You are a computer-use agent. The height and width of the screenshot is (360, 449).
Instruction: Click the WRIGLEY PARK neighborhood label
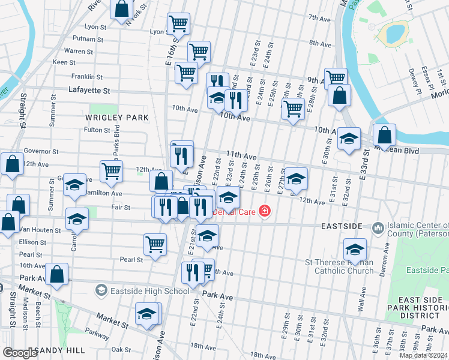108,118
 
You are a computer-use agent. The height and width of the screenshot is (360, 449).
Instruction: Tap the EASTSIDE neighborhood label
341,226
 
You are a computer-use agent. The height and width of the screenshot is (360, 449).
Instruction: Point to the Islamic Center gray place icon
378,227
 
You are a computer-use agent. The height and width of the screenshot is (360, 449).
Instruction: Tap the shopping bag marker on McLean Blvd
384,134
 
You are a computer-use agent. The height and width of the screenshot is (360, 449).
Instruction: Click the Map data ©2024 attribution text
423,355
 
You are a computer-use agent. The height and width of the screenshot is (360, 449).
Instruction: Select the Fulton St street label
97,130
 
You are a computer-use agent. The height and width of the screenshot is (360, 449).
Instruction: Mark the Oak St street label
121,349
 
